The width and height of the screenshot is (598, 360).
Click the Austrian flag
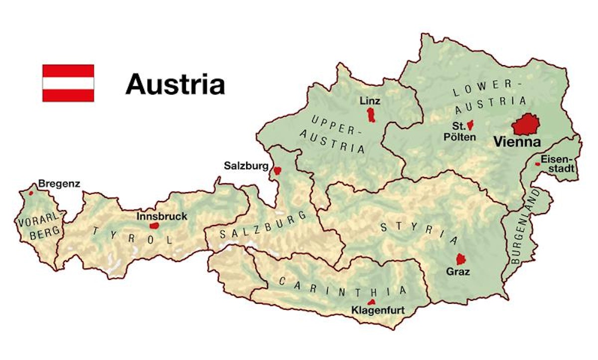[68, 83]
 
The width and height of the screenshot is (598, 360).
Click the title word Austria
[175, 84]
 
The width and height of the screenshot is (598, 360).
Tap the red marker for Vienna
[526, 124]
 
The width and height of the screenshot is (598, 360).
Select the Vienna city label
[517, 142]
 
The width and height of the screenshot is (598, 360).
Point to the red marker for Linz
[370, 115]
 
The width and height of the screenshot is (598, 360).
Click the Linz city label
[370, 101]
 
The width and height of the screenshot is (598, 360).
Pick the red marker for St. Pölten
[470, 126]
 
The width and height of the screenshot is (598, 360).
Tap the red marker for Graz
[461, 259]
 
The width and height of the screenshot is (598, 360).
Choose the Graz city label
[458, 272]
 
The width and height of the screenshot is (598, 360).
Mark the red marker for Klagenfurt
[371, 302]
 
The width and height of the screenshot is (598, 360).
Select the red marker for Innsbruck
[154, 226]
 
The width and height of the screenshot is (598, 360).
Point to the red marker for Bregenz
[31, 193]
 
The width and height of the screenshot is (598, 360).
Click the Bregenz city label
[59, 184]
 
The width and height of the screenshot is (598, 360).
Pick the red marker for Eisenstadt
[537, 164]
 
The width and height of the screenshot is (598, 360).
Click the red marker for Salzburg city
[277, 170]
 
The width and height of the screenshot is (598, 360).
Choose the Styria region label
[419, 233]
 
